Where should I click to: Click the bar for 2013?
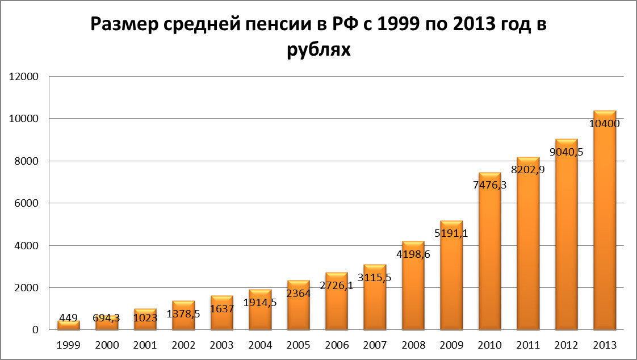tap(605, 227)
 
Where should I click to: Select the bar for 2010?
tap(489, 256)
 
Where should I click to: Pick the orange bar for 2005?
tap(298, 309)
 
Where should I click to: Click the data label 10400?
tap(605, 124)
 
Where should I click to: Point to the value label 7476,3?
tap(489, 185)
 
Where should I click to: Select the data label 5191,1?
tap(451, 232)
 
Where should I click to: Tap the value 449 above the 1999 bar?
tap(68, 318)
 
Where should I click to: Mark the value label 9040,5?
tap(566, 152)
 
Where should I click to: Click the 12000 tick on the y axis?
tap(23, 77)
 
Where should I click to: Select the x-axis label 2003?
tap(221, 345)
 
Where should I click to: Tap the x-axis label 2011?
tap(528, 345)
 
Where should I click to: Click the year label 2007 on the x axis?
tap(375, 345)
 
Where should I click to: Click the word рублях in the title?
tap(319, 50)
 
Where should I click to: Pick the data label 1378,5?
tap(183, 313)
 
